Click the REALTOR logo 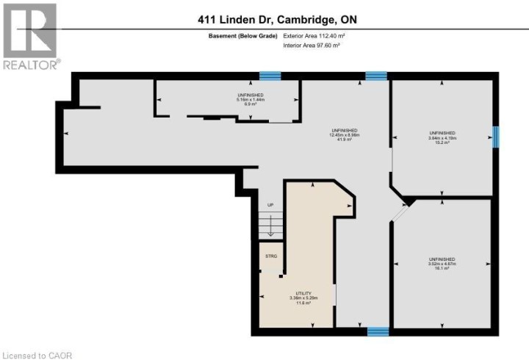[x=30, y=37]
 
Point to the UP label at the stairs [x=270, y=205]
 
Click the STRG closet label [x=270, y=256]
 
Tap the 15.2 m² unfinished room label [x=442, y=137]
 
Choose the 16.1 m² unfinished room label [x=442, y=264]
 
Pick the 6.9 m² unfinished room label [x=250, y=99]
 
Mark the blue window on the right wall [x=496, y=136]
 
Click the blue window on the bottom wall [x=378, y=331]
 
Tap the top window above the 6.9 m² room [x=270, y=75]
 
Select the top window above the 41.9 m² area [x=376, y=75]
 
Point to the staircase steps [x=270, y=224]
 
